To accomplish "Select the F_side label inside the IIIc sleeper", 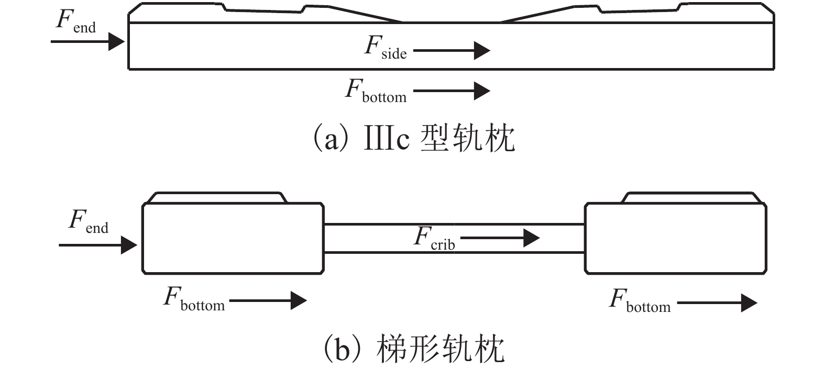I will point(385,47).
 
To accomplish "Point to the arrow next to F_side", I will point(451,51).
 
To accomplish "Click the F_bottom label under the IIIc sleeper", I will point(375,91).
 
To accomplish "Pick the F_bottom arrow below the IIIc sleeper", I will point(451,91).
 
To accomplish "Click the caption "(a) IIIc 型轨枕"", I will point(413,139).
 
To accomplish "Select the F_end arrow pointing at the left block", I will point(97,244).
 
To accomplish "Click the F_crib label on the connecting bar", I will point(434,238).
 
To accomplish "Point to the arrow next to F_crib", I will point(500,239).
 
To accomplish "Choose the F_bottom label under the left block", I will point(194,299).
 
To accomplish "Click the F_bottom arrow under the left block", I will point(268,300).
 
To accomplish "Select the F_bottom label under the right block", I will point(639,301).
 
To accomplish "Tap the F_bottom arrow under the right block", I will point(717,303).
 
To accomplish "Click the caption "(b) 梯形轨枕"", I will point(413,350).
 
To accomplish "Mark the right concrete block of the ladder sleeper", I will point(676,238).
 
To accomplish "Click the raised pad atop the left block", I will point(217,198).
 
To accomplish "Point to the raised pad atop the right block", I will point(690,198).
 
